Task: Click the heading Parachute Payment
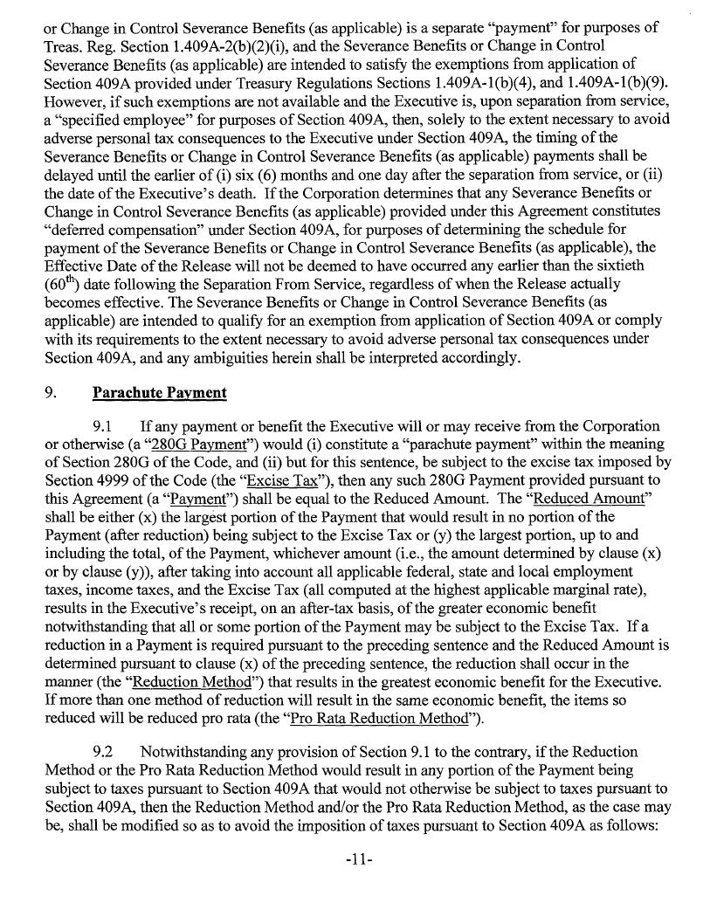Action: point(159,393)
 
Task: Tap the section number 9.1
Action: point(105,426)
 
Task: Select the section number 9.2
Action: point(105,752)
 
